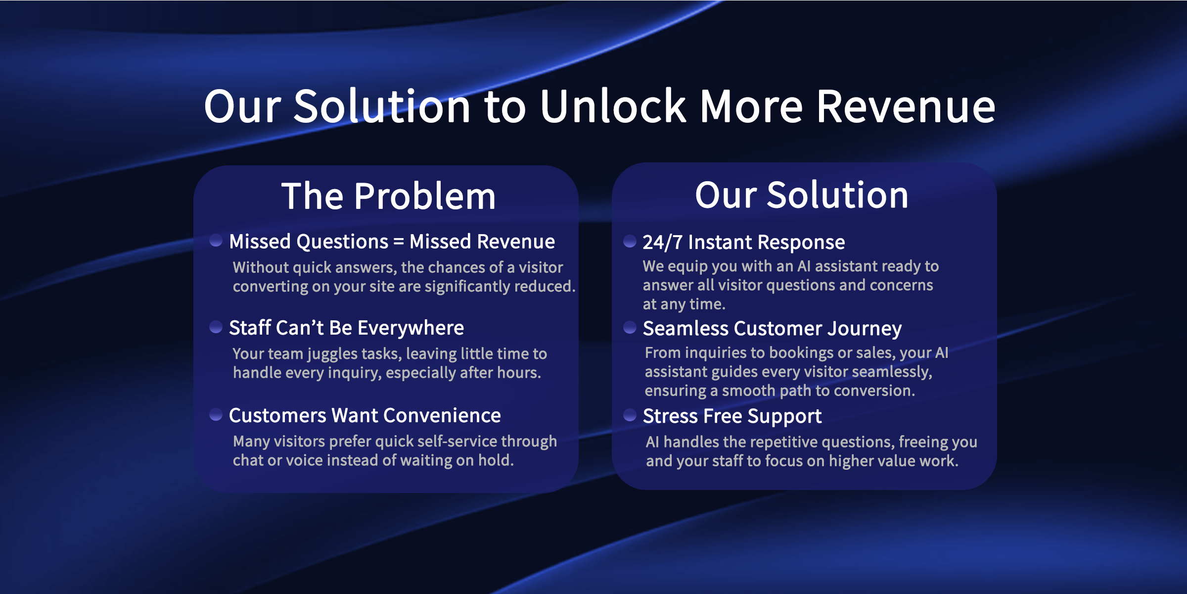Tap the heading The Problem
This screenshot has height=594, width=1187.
pos(389,196)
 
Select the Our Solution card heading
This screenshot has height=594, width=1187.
pos(802,195)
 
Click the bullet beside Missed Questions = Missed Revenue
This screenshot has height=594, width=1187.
pos(216,241)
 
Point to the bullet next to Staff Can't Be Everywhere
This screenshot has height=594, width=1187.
pos(216,327)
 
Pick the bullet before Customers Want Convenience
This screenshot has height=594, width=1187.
pos(216,414)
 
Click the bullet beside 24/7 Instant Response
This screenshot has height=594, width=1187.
pos(630,241)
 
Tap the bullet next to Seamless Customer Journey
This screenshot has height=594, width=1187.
pos(630,327)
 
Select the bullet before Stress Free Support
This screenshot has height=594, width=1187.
pos(630,415)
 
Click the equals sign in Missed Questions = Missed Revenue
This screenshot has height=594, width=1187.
pos(399,242)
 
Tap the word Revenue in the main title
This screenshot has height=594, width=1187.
pos(906,106)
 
